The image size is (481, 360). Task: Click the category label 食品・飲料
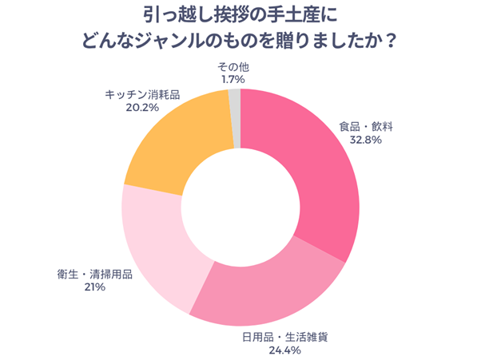(x=366, y=126)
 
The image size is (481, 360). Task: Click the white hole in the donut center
(x=240, y=208)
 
